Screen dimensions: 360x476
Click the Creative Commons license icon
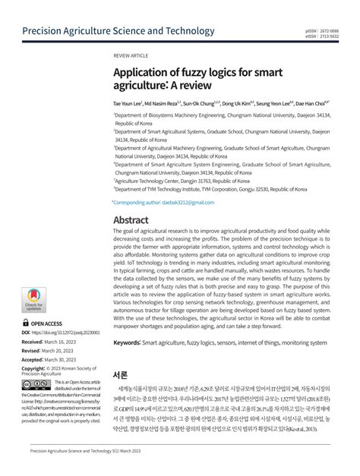click(33, 385)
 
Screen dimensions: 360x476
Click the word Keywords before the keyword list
click(127, 343)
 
